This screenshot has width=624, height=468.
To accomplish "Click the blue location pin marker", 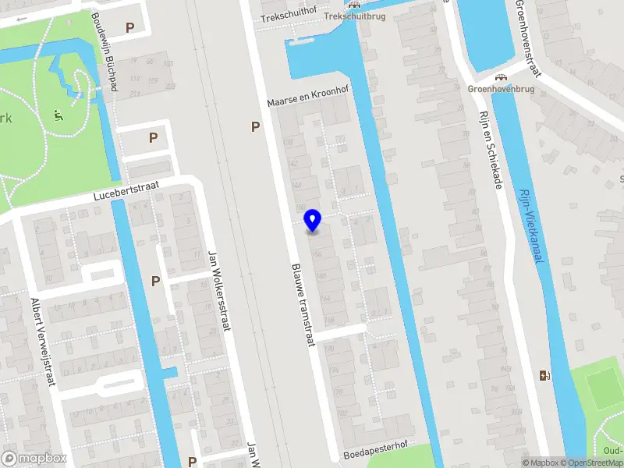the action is click(x=312, y=220).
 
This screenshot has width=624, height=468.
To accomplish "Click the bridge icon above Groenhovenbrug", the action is click(x=500, y=77).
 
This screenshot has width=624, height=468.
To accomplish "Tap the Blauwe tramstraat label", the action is click(x=302, y=304).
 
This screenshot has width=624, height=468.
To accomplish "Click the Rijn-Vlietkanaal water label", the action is click(x=531, y=229).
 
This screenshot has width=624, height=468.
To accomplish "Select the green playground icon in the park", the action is click(x=58, y=115).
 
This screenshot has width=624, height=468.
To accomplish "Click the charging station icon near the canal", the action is click(x=544, y=375).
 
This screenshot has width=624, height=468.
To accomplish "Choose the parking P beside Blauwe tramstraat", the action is click(x=254, y=126).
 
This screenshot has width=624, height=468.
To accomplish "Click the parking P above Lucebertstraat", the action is click(x=154, y=137).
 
